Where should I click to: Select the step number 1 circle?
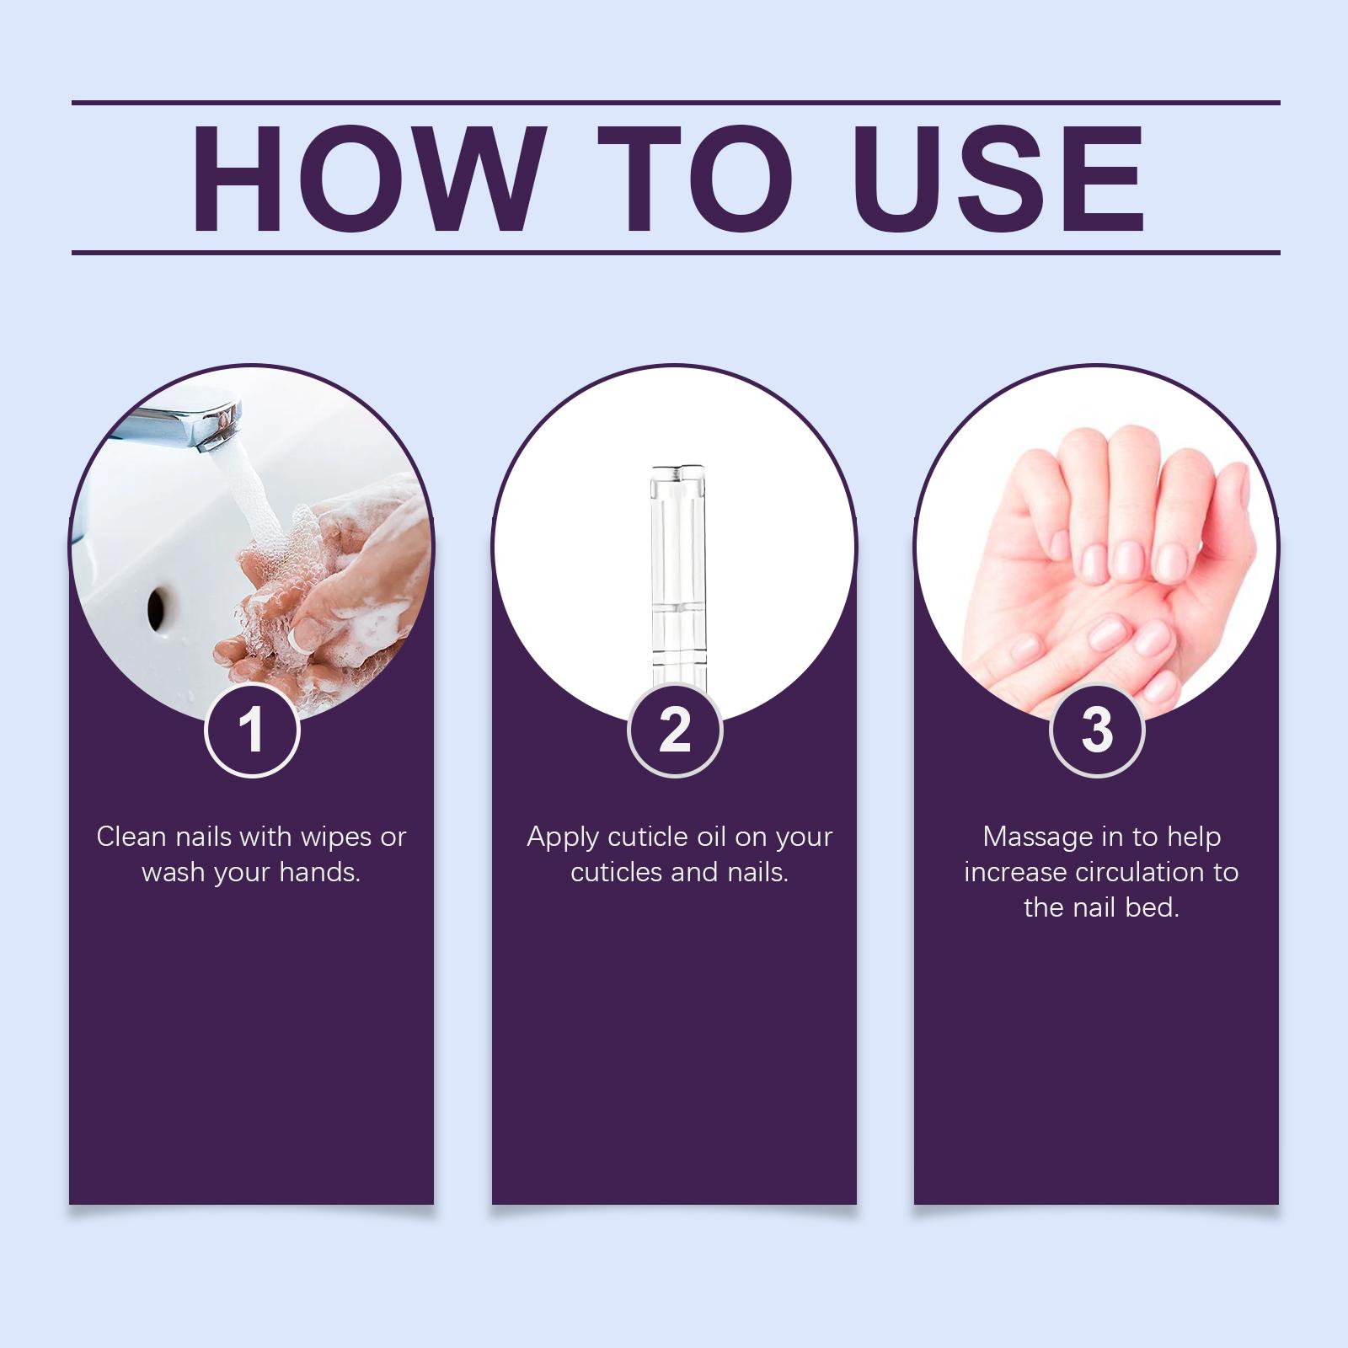click(252, 729)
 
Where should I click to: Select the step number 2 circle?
click(675, 729)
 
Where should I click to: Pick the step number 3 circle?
click(1097, 729)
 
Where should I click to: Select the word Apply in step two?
click(563, 838)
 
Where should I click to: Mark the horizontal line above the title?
click(676, 103)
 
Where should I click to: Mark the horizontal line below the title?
click(676, 252)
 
